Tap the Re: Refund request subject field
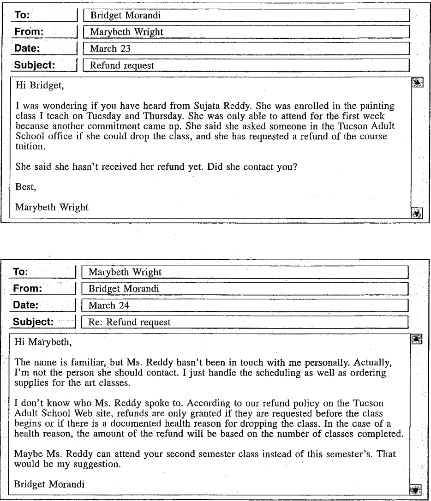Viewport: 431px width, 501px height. coord(245,322)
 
